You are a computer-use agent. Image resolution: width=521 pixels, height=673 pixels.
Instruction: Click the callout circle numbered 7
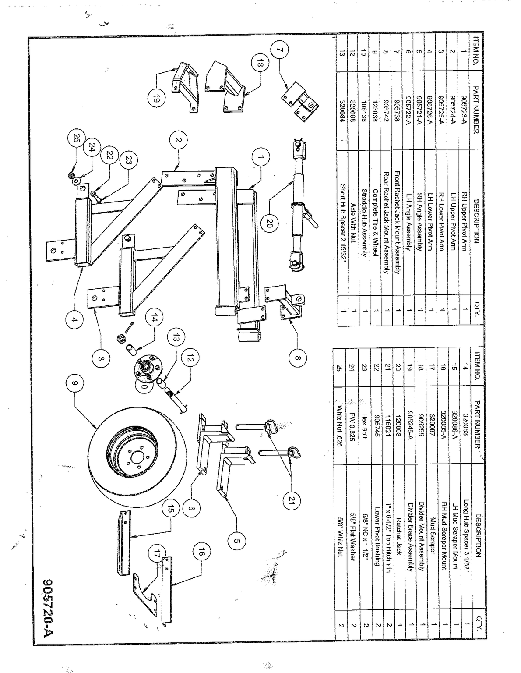tap(279, 50)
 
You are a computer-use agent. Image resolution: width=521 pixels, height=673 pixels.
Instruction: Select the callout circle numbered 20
tap(269, 223)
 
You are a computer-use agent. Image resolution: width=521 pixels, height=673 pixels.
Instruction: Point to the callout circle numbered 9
tap(75, 383)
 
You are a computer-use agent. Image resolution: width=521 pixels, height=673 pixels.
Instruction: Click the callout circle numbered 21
tap(292, 500)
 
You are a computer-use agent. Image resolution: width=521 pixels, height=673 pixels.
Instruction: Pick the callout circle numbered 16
tap(201, 552)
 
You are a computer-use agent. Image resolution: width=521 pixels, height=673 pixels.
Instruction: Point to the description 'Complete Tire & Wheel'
tap(375, 223)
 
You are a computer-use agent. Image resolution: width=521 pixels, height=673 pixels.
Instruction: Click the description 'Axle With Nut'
tap(353, 223)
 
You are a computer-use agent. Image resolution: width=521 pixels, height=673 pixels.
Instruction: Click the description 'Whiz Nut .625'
tap(340, 426)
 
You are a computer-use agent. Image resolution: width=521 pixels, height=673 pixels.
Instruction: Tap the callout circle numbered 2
tap(179, 140)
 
